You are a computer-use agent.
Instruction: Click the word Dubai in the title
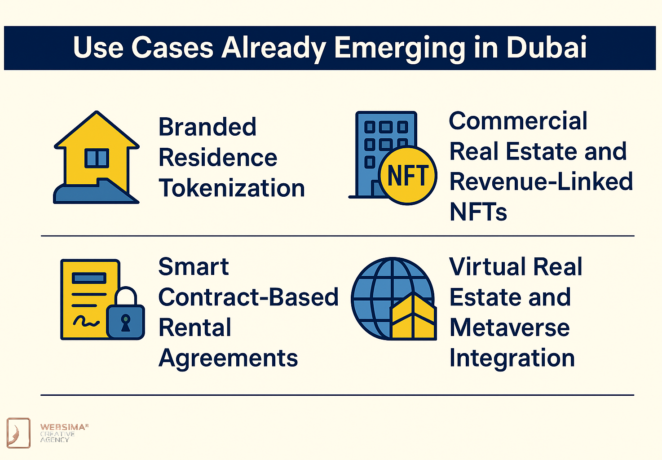point(547,47)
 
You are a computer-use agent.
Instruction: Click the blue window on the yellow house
point(97,158)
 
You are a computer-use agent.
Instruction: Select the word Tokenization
point(232,188)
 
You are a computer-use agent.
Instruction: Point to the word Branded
point(207,127)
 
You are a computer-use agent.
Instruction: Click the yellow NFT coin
point(408,176)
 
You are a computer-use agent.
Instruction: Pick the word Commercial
point(518,121)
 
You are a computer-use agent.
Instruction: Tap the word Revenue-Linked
point(541,181)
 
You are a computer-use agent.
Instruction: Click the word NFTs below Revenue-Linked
point(478,212)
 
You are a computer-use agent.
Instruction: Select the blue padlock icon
point(126,314)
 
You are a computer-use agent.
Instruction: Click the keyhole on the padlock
point(126,323)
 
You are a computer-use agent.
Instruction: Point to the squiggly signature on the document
point(86,321)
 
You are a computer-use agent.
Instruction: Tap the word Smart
point(194,266)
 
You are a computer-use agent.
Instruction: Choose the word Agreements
point(228,359)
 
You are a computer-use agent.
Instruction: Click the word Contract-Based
point(248,297)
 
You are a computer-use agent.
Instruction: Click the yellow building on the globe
point(414,316)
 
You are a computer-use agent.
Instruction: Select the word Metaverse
point(509,327)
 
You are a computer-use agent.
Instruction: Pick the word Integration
point(512,359)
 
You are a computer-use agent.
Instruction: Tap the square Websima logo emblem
point(18,433)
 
